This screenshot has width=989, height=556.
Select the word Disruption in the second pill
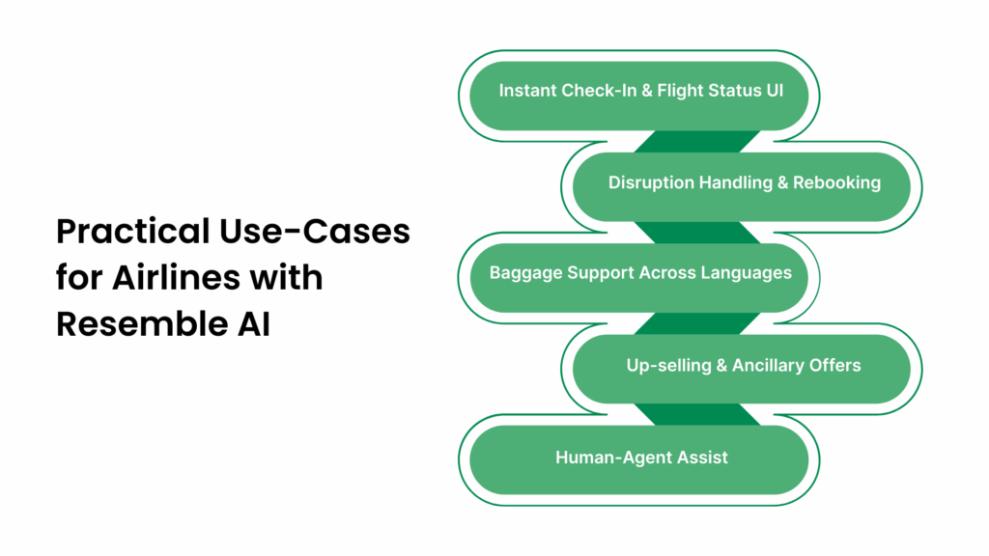pyautogui.click(x=649, y=182)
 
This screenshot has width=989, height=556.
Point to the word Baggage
pyautogui.click(x=523, y=273)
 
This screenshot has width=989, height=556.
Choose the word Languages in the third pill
pyautogui.click(x=748, y=273)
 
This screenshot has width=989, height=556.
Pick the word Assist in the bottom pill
pyautogui.click(x=701, y=458)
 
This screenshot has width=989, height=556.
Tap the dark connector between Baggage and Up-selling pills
pyautogui.click(x=695, y=321)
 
